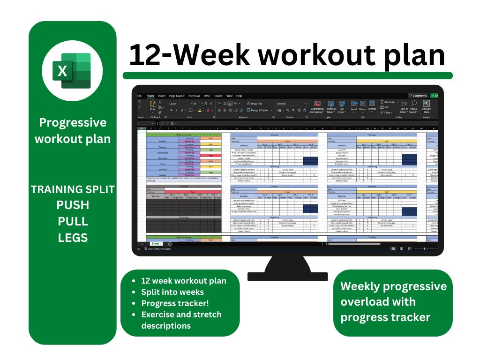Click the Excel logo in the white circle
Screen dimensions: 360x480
click(72, 71)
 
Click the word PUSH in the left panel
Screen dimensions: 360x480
click(73, 205)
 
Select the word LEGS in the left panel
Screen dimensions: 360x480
click(73, 238)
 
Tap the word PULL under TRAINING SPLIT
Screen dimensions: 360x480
click(73, 221)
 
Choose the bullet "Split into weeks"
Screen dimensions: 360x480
click(172, 292)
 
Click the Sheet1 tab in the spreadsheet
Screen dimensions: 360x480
click(156, 244)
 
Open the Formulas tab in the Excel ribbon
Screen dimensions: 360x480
click(194, 96)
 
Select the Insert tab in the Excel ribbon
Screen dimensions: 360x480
click(162, 96)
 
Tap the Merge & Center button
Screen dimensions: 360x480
click(258, 110)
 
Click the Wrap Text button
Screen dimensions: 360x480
click(255, 104)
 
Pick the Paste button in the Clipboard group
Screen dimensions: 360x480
click(152, 107)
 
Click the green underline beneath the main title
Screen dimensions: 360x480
click(287, 75)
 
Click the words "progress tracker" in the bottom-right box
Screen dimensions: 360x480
click(385, 317)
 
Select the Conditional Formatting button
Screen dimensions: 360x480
click(317, 107)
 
